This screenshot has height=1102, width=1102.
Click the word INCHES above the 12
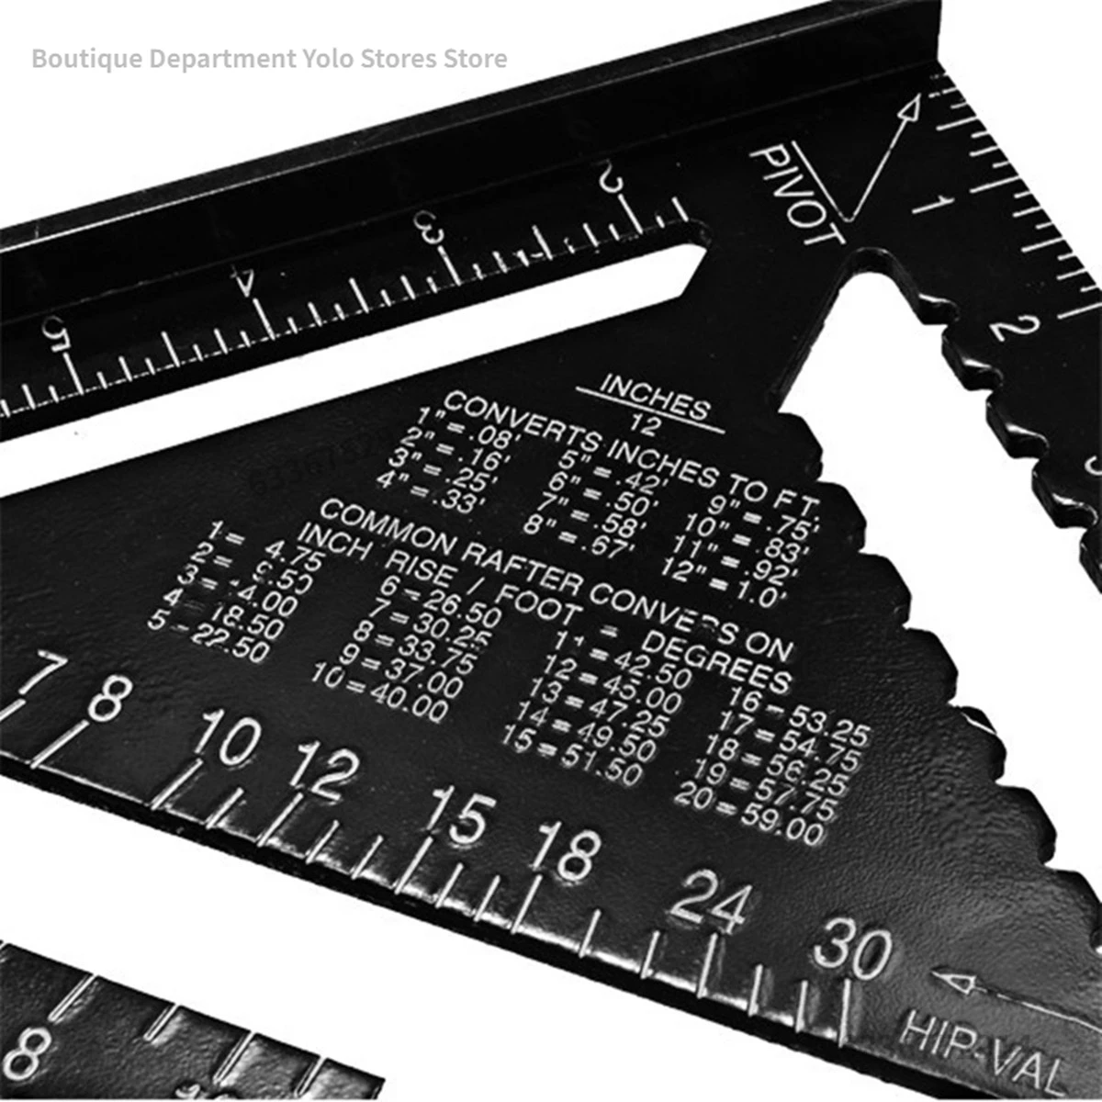pyautogui.click(x=654, y=398)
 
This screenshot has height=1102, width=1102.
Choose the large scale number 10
pyautogui.click(x=225, y=737)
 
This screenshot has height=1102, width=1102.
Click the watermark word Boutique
pyautogui.click(x=85, y=59)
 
